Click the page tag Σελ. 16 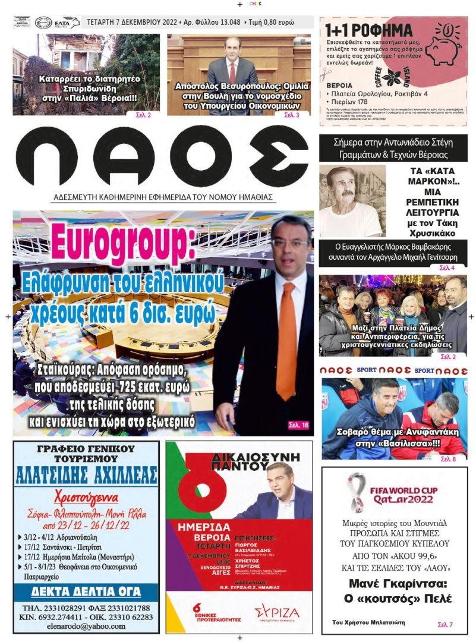(298, 426)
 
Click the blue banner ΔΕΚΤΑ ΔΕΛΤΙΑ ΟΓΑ (86, 591)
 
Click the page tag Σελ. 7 (445, 625)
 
